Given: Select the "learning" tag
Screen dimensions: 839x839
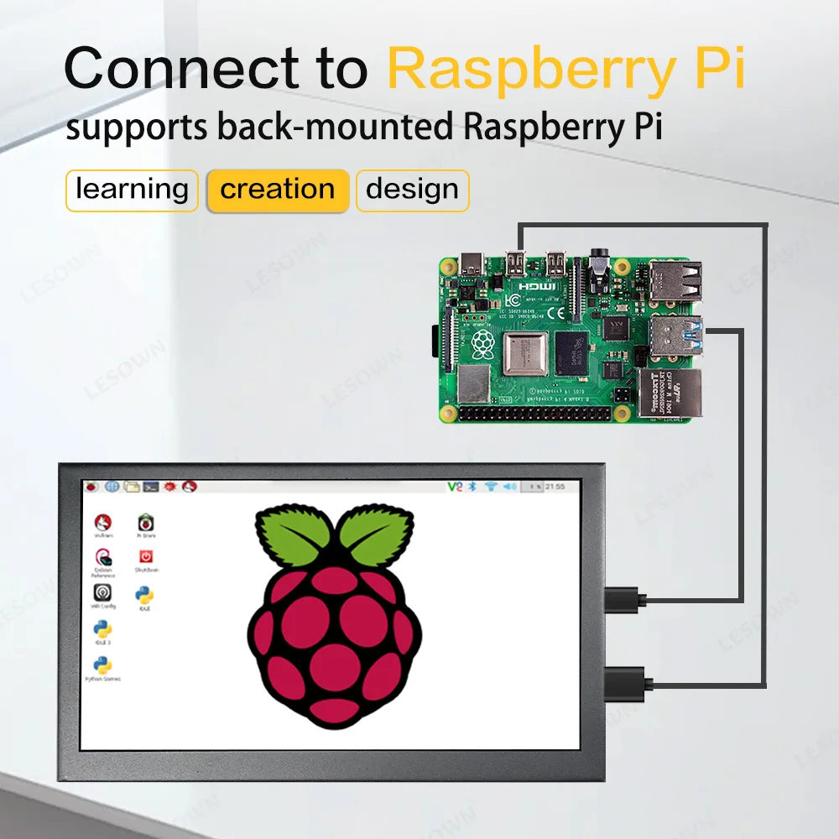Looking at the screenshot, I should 132,190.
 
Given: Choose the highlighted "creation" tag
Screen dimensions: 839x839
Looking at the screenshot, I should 277,190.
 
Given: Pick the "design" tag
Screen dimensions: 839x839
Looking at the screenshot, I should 412,190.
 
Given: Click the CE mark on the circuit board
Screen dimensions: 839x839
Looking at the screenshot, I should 556,314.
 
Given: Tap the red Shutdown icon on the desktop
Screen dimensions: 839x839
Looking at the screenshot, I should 145,559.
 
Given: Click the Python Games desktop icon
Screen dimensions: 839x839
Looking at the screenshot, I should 103,667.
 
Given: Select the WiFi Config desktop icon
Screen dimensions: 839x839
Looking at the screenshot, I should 103,594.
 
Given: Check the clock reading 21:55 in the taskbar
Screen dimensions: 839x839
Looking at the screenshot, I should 555,487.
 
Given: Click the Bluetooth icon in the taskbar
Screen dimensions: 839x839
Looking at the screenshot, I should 472,487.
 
